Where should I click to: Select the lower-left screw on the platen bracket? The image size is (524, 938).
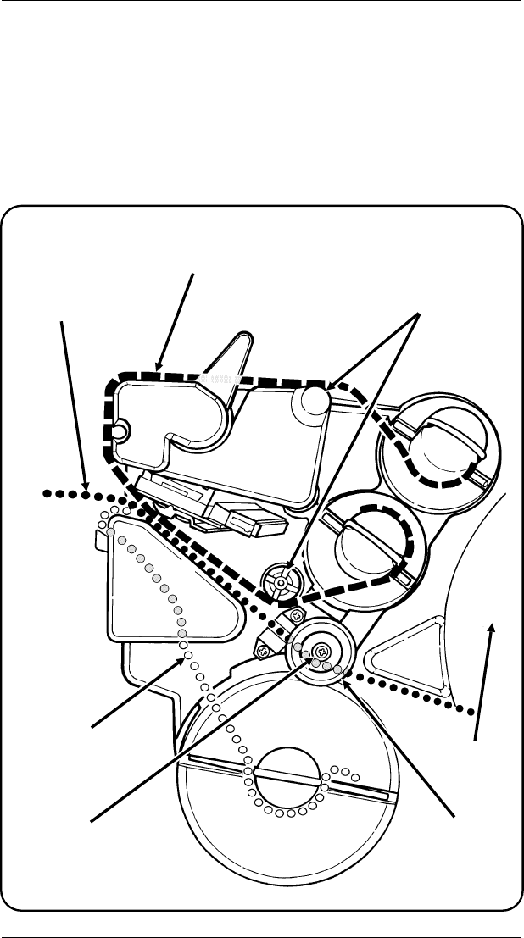click(265, 651)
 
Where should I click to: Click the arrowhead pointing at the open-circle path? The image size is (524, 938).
click(185, 657)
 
